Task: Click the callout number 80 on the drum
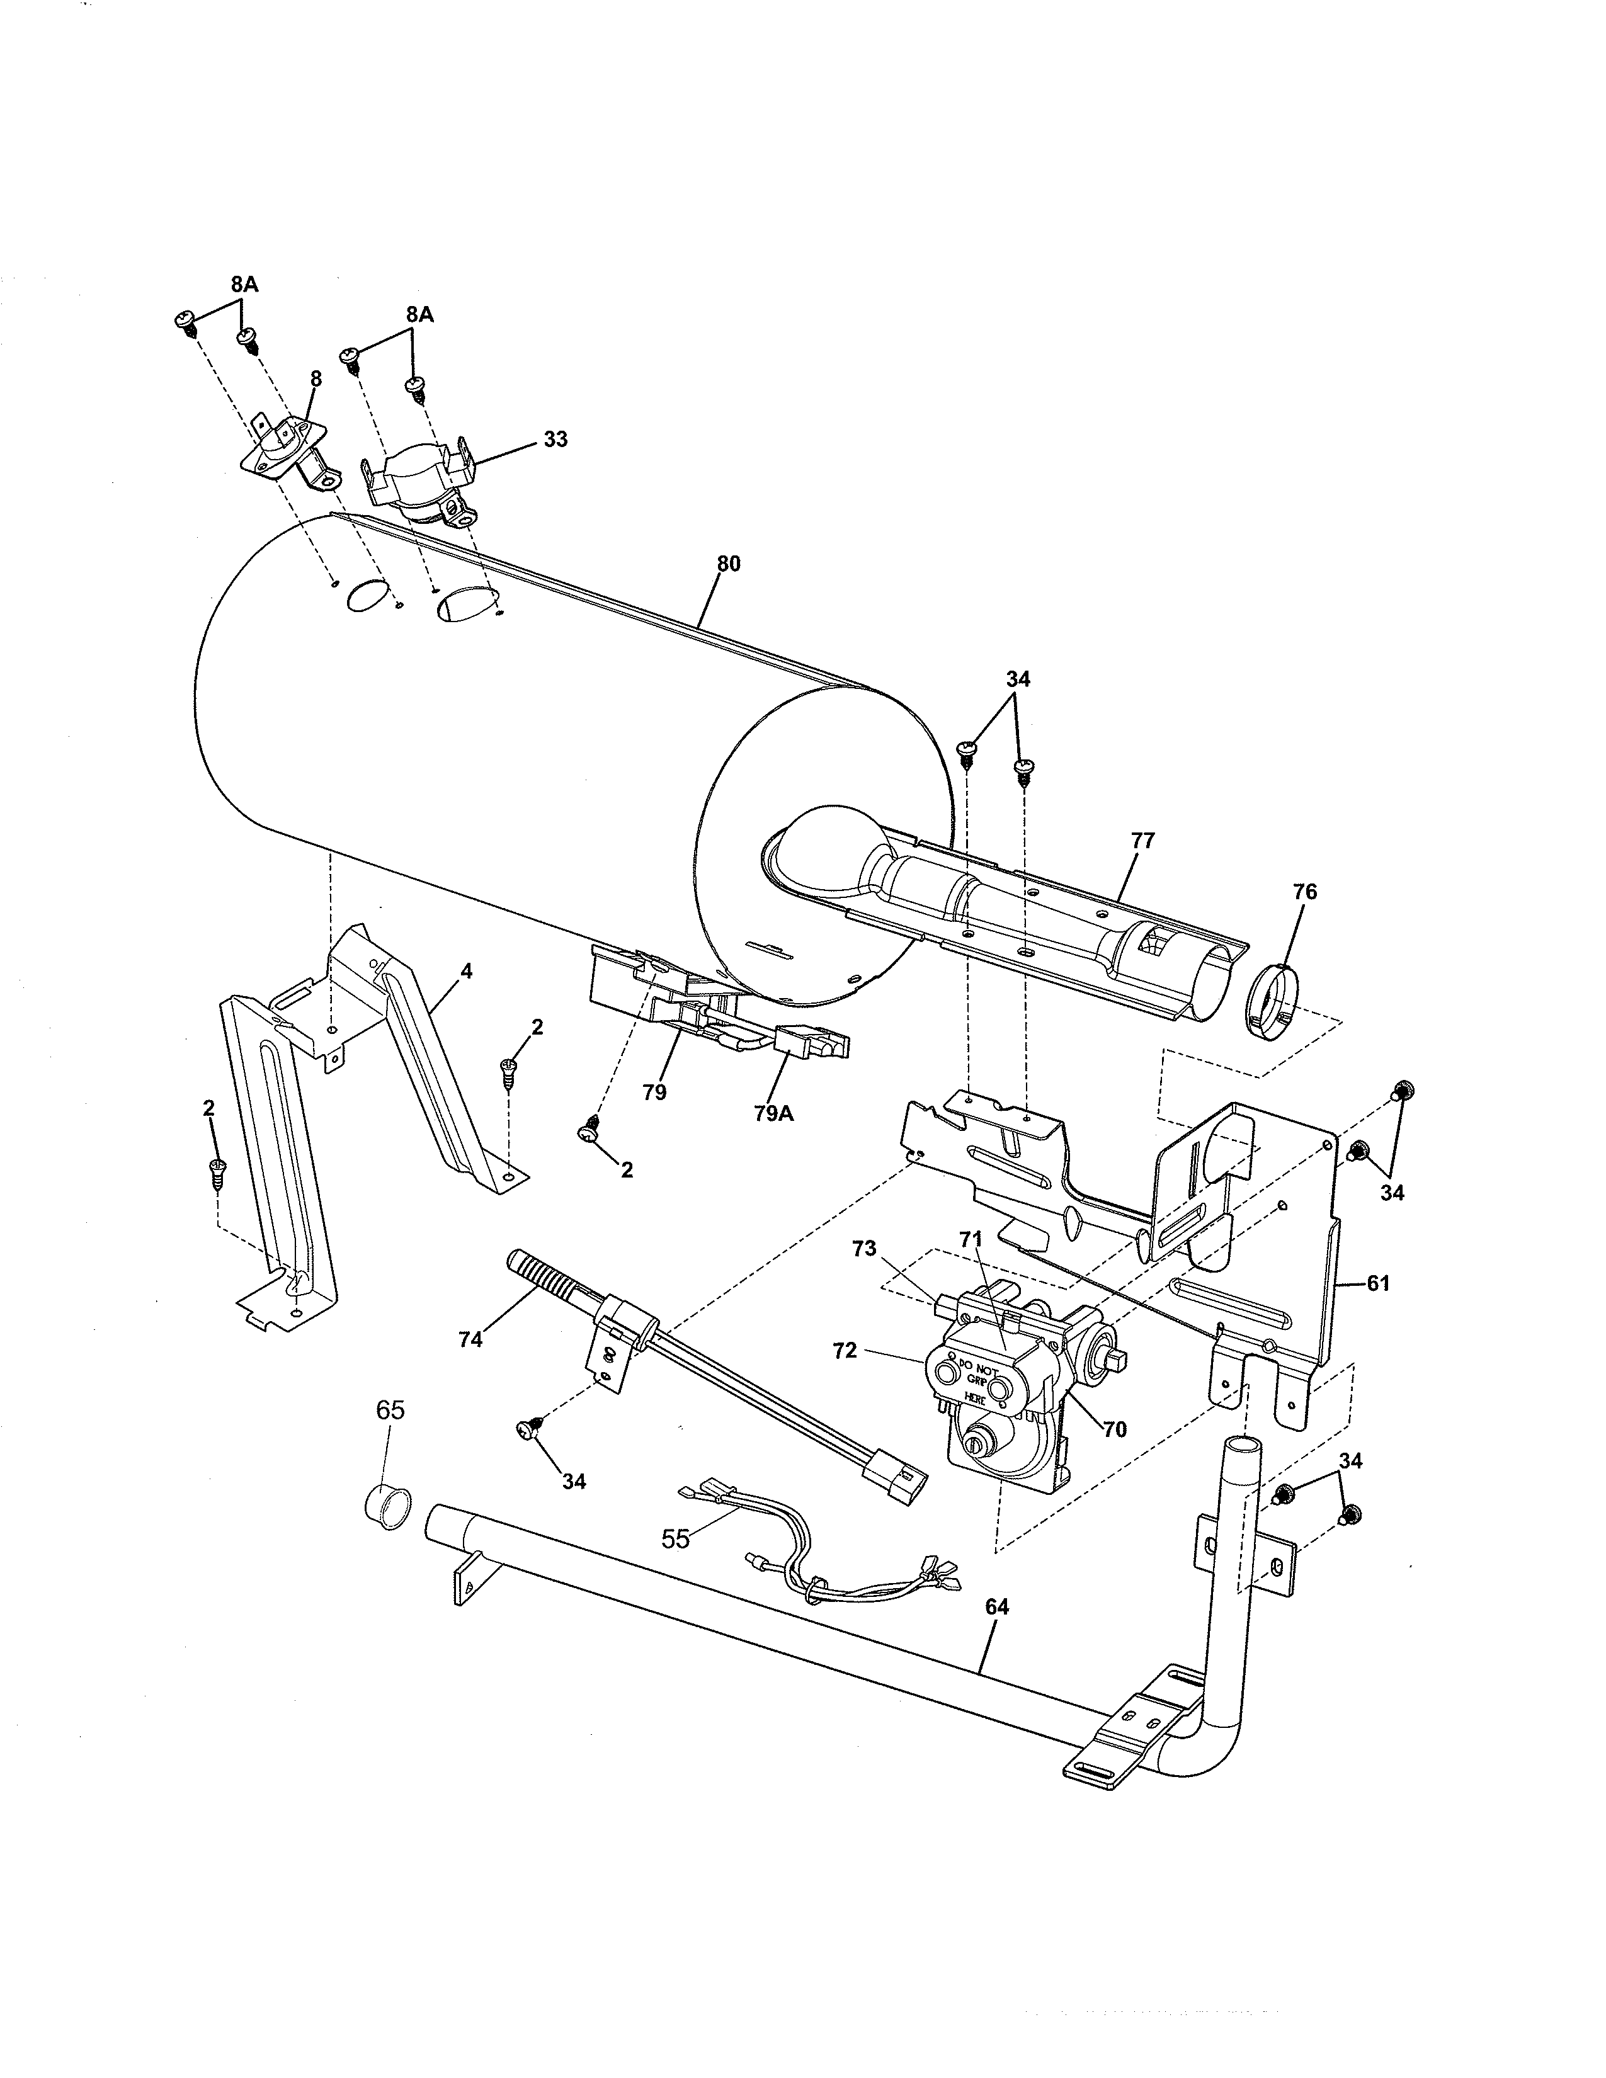pos(728,564)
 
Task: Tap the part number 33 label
pos(555,439)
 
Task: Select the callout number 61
pos(1377,1283)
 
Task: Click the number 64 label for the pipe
pos(996,1606)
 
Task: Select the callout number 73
pos(864,1249)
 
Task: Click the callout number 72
pos(844,1350)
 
